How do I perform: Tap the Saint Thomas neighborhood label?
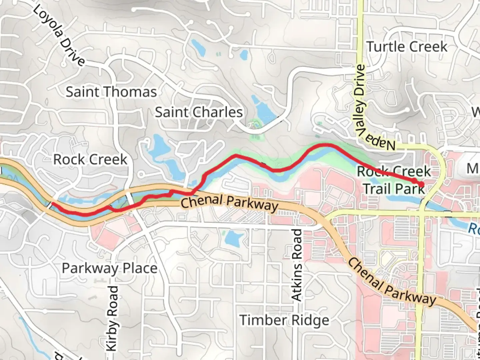(x=111, y=92)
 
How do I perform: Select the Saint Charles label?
(x=199, y=112)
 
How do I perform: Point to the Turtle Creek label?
(x=407, y=47)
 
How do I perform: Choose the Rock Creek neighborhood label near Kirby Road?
(x=90, y=160)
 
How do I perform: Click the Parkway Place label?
(x=109, y=268)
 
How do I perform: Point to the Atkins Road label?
(x=296, y=265)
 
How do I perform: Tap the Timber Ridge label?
(x=284, y=320)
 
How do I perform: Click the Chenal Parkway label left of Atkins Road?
(x=229, y=203)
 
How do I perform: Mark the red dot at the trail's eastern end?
(x=421, y=184)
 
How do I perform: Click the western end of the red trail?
(x=53, y=203)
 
